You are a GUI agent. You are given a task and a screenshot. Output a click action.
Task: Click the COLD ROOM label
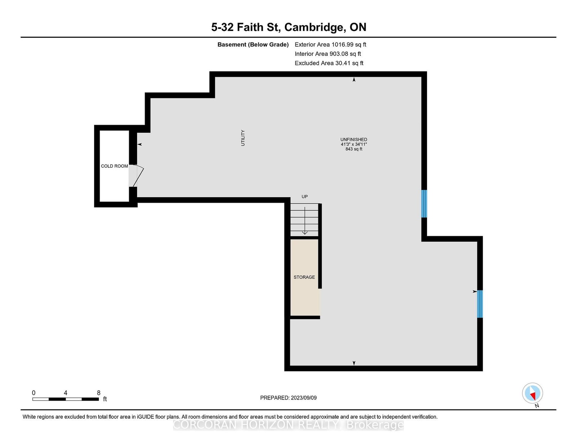coord(114,166)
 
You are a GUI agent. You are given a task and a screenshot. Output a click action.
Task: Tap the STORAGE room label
coord(304,277)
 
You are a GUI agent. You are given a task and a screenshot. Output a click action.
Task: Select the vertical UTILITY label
coord(243,138)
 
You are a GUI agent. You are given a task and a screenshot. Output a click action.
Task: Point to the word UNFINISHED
coord(354,140)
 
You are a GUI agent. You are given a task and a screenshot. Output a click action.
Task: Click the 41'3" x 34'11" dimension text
coord(354,144)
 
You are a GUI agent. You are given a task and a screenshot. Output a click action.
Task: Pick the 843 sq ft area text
coord(354,149)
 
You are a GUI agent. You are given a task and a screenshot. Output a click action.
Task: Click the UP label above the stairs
coord(305,196)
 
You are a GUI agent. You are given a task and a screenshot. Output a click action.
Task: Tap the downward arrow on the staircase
coord(305,220)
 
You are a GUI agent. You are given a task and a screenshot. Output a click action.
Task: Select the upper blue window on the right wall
coord(424,204)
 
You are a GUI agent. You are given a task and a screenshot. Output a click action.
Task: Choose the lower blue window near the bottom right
coord(480,304)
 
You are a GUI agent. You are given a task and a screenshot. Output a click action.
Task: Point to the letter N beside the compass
coord(537,406)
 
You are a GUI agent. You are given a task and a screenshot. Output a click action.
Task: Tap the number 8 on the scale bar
coord(98,393)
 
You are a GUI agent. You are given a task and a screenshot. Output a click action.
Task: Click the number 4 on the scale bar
coord(66,393)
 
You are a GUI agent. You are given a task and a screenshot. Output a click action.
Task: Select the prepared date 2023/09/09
coord(304,398)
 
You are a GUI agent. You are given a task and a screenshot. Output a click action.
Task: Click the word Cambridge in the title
coord(315,27)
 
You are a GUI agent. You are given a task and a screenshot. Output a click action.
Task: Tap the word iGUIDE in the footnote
coord(145,417)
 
